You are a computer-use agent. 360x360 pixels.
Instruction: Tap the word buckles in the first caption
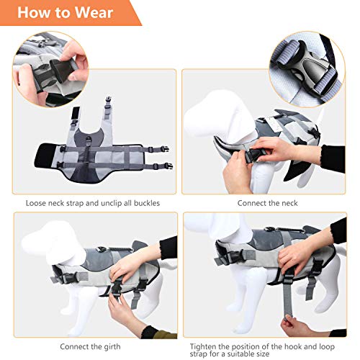[144, 203]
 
